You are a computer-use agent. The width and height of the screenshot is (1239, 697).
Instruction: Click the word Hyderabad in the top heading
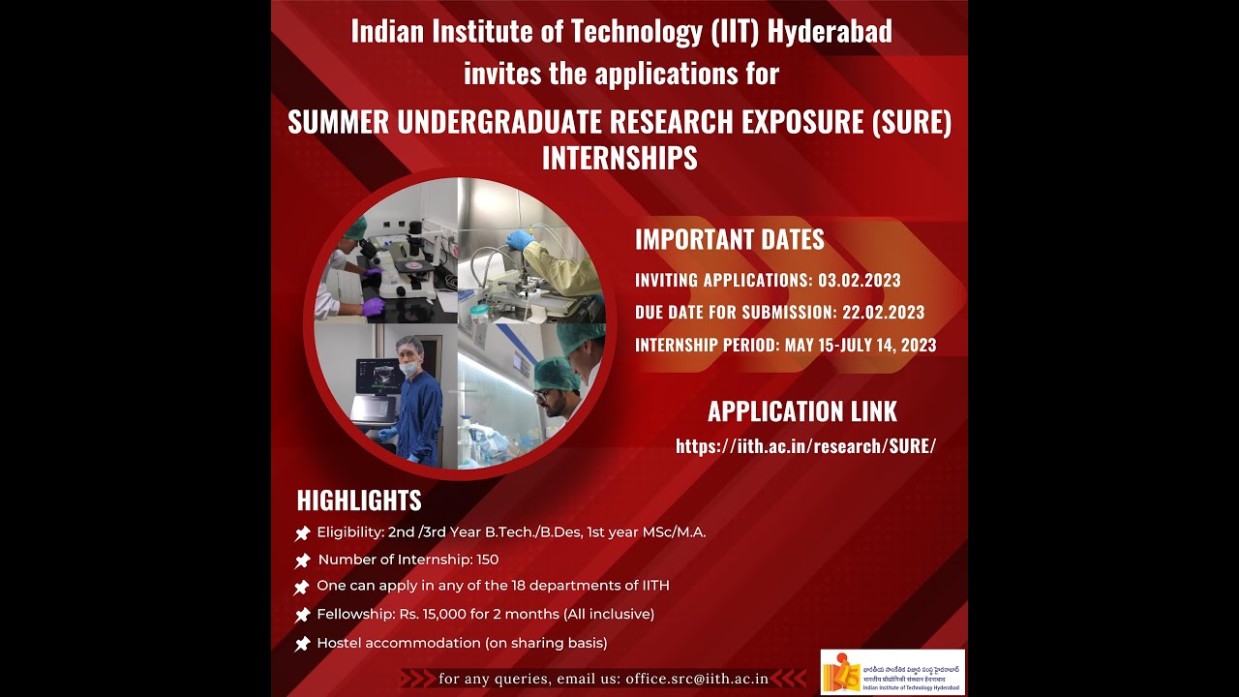click(830, 32)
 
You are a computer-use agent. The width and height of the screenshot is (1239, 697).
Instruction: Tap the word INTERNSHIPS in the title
click(619, 158)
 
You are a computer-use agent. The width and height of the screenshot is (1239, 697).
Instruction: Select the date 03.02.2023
click(860, 281)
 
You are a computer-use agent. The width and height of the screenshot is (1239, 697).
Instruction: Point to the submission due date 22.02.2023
click(883, 313)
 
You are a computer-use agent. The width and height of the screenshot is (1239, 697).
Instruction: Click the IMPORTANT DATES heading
click(730, 240)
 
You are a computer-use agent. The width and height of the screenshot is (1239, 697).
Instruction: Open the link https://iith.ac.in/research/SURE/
click(805, 446)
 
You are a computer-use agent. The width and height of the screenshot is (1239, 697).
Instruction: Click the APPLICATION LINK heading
click(802, 411)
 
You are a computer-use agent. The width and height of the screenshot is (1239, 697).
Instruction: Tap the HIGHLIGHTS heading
click(359, 500)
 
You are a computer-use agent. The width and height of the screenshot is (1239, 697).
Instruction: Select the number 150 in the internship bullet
click(487, 560)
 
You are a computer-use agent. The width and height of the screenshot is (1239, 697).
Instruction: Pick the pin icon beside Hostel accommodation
click(302, 644)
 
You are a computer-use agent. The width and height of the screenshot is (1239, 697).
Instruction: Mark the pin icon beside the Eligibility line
click(302, 533)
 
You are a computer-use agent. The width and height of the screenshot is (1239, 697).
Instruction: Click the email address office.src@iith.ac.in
click(697, 679)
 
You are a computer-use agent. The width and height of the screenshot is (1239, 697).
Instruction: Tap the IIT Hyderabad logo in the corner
click(892, 672)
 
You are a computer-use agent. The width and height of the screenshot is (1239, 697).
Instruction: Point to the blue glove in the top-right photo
click(520, 239)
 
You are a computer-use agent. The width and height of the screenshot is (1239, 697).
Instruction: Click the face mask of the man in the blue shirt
click(410, 369)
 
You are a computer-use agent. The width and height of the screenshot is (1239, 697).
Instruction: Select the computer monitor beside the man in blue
click(376, 378)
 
